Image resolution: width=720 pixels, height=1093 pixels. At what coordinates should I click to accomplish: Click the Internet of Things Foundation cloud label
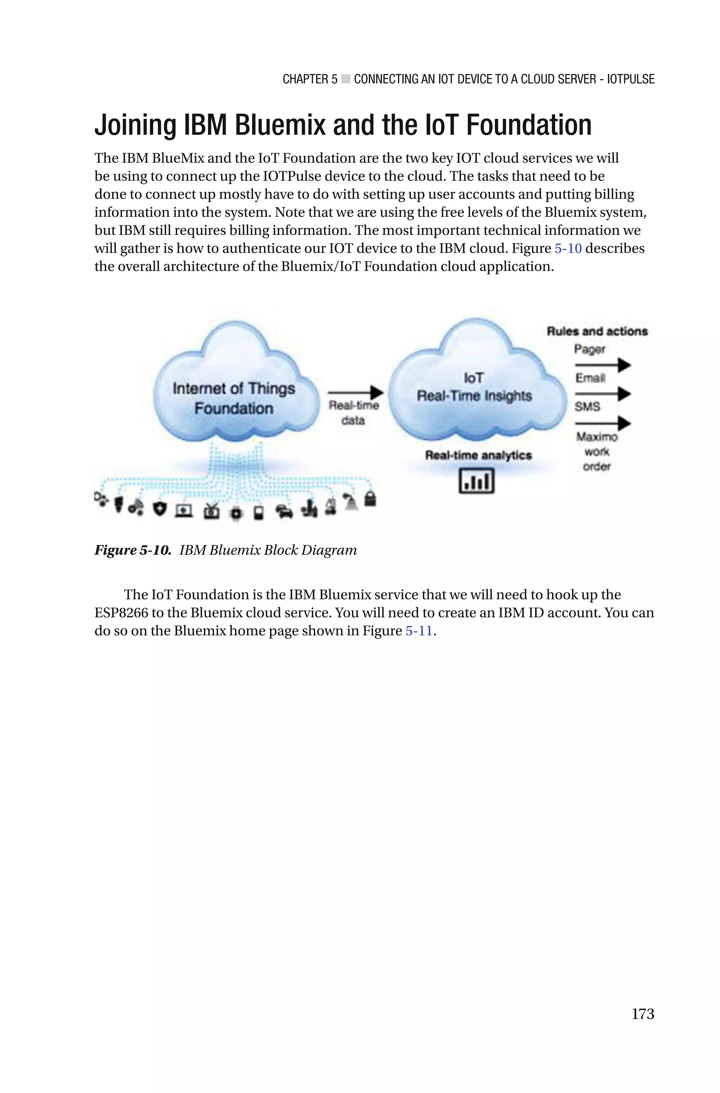pyautogui.click(x=234, y=398)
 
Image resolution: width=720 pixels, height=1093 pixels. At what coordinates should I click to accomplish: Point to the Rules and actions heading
pyautogui.click(x=597, y=331)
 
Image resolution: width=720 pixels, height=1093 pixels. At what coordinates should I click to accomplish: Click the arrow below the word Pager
pyautogui.click(x=603, y=365)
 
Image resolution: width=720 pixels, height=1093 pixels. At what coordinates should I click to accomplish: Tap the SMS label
pyautogui.click(x=587, y=406)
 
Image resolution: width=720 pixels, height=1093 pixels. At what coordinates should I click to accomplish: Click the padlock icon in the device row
pyautogui.click(x=370, y=499)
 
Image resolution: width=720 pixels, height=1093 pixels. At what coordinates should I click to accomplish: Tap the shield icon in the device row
pyautogui.click(x=159, y=509)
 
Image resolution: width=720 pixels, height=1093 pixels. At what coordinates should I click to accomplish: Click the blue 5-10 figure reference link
pyautogui.click(x=568, y=249)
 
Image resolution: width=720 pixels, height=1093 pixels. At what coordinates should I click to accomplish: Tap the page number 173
pyautogui.click(x=642, y=1013)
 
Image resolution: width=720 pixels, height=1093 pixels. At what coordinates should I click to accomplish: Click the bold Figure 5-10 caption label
pyautogui.click(x=133, y=550)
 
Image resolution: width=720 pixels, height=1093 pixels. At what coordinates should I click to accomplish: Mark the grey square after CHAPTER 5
pyautogui.click(x=346, y=80)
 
